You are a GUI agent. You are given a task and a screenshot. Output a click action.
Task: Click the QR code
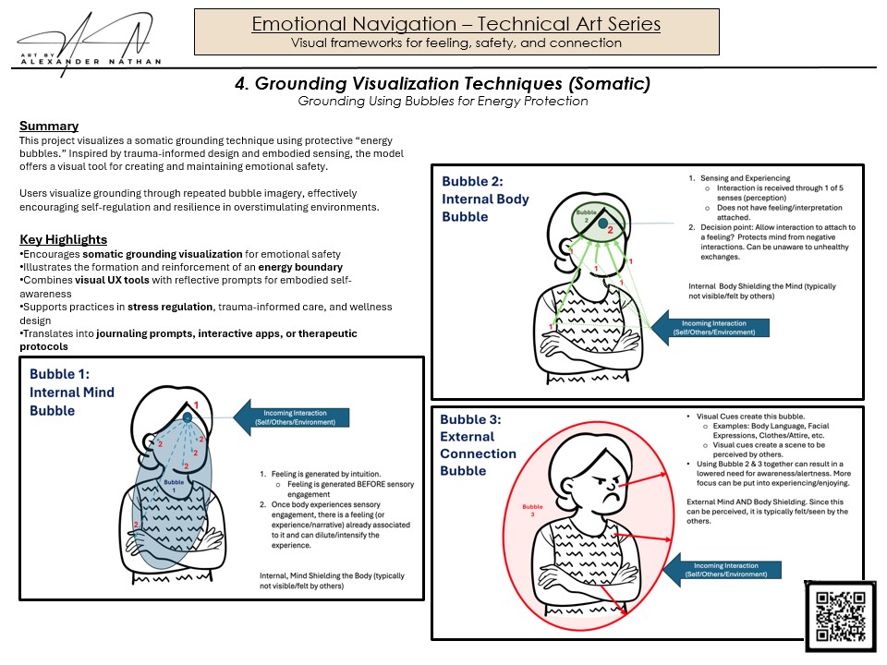(840, 616)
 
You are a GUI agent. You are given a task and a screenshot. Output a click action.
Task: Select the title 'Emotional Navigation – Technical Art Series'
(456, 24)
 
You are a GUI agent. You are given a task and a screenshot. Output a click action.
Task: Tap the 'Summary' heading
(49, 126)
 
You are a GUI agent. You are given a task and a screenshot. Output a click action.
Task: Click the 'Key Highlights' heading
(63, 239)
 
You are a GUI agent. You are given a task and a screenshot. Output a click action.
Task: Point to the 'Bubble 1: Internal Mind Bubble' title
(72, 392)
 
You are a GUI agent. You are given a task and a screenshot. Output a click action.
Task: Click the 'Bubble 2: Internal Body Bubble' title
(486, 199)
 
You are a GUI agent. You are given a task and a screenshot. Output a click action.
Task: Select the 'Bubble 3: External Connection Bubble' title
(478, 444)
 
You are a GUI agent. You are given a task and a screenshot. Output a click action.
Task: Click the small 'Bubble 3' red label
(532, 512)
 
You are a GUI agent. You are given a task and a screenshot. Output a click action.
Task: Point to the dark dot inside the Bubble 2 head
(601, 223)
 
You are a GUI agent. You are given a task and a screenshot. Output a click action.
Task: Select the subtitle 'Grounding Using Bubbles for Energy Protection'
(443, 102)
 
